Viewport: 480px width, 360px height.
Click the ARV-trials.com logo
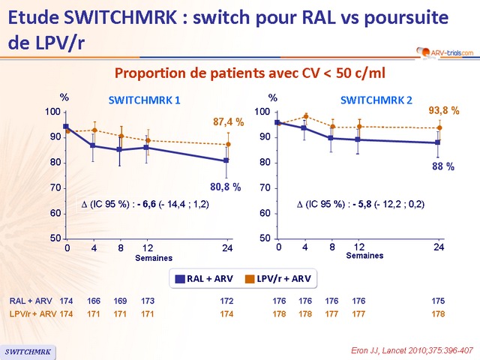445,52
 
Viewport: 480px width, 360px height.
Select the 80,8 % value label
226,187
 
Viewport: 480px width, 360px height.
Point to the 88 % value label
444,166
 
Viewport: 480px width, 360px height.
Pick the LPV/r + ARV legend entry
274,278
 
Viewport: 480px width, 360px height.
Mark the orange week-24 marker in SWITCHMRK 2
439,127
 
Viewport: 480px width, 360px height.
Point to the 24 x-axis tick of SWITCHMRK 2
439,246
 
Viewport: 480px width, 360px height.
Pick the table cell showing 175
439,301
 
